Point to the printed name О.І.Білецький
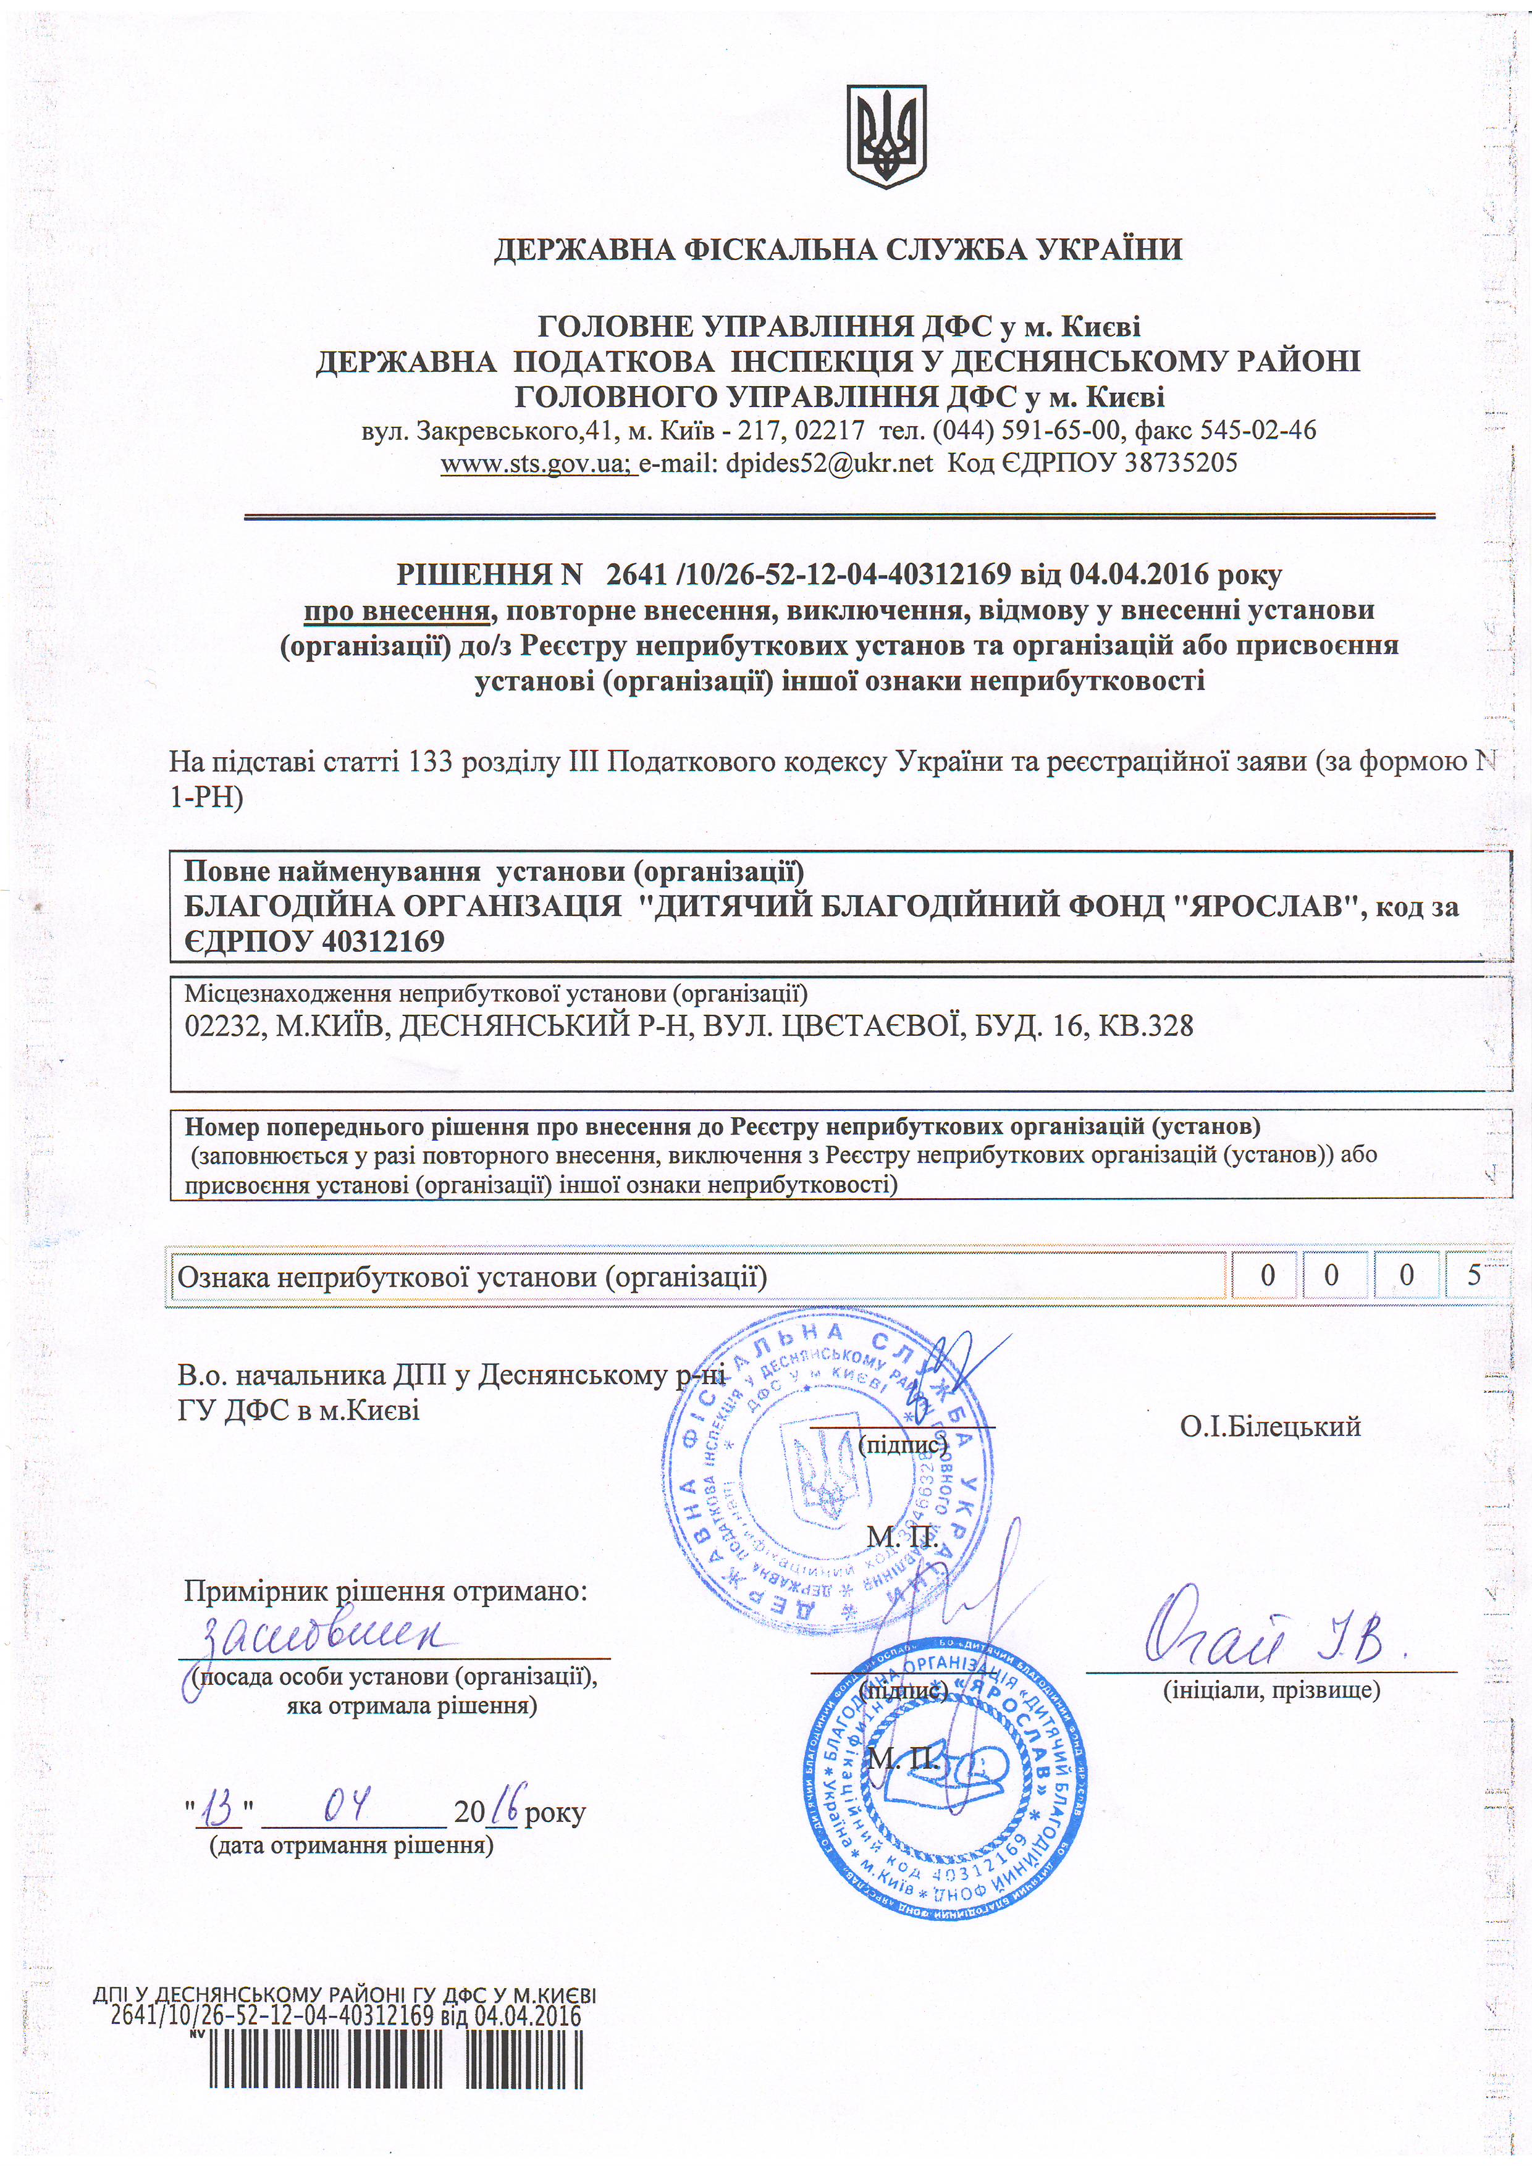(1269, 1426)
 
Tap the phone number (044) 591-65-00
(1024, 431)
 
